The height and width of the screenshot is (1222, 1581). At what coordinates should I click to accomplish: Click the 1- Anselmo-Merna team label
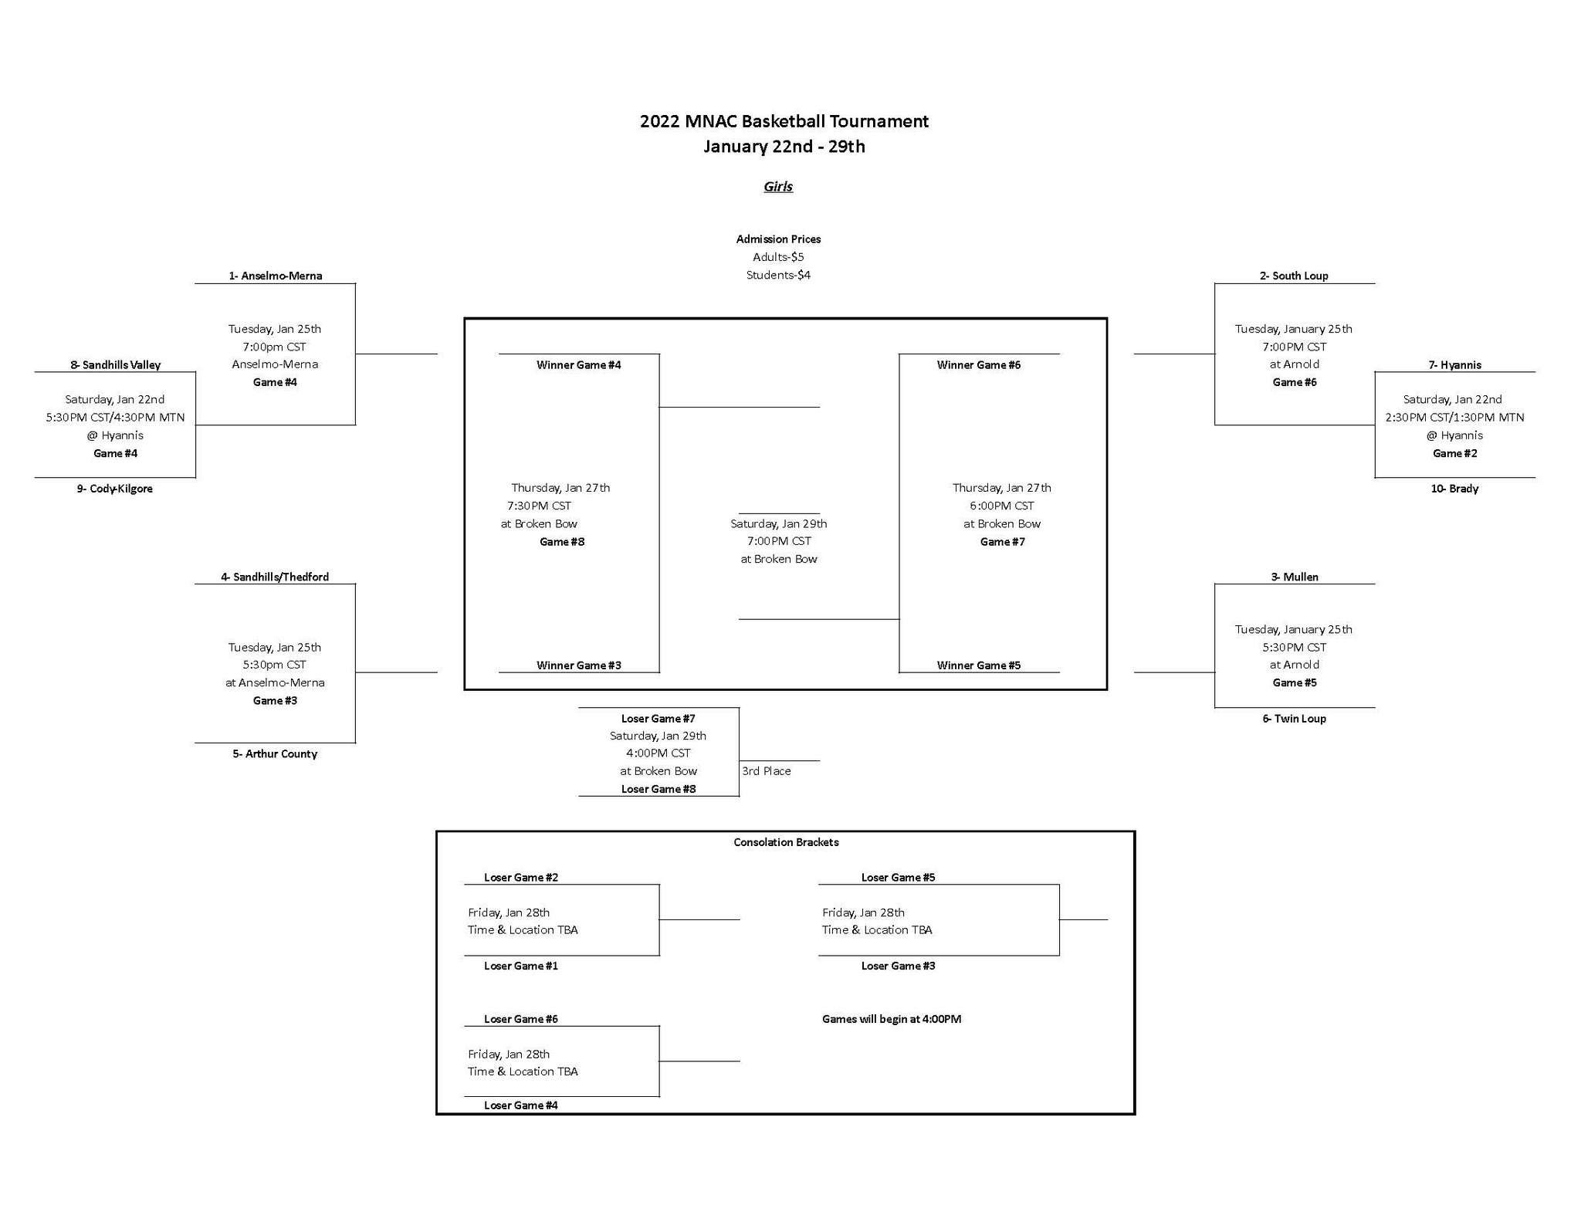[x=275, y=276]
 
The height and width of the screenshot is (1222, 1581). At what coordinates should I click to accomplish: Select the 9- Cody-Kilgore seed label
[x=114, y=489]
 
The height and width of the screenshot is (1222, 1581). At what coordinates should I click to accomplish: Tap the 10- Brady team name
[x=1454, y=489]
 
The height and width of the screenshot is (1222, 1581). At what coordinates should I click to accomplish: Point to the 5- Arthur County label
[x=275, y=753]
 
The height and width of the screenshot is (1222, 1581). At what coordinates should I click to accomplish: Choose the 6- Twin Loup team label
[x=1294, y=718]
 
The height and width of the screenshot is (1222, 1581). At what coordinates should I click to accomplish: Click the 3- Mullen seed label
[x=1295, y=577]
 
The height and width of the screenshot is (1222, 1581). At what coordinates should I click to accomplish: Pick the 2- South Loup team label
[x=1294, y=276]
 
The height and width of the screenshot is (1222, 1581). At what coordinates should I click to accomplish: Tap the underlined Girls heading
[x=778, y=186]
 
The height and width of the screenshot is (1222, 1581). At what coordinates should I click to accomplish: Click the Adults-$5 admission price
[x=778, y=257]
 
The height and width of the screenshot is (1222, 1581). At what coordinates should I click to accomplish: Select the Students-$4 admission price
[x=778, y=275]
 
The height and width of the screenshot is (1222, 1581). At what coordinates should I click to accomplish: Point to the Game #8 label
[x=562, y=542]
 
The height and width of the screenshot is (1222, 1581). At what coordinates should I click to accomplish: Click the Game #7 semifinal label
[x=1002, y=542]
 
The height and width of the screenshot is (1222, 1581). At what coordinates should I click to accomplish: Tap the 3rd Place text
[x=767, y=771]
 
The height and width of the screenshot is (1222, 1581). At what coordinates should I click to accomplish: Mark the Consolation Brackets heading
[x=786, y=842]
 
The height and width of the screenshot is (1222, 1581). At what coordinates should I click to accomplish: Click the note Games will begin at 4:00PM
[x=892, y=1019]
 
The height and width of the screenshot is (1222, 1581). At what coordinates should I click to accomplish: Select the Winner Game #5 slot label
[x=979, y=665]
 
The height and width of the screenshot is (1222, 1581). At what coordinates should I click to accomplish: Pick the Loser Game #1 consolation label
[x=521, y=966]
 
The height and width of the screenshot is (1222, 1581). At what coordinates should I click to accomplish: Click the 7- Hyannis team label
[x=1454, y=365]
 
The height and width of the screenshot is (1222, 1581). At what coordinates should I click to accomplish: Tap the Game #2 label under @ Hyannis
[x=1454, y=453]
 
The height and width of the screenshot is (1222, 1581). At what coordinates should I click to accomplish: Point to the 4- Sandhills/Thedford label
[x=275, y=577]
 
